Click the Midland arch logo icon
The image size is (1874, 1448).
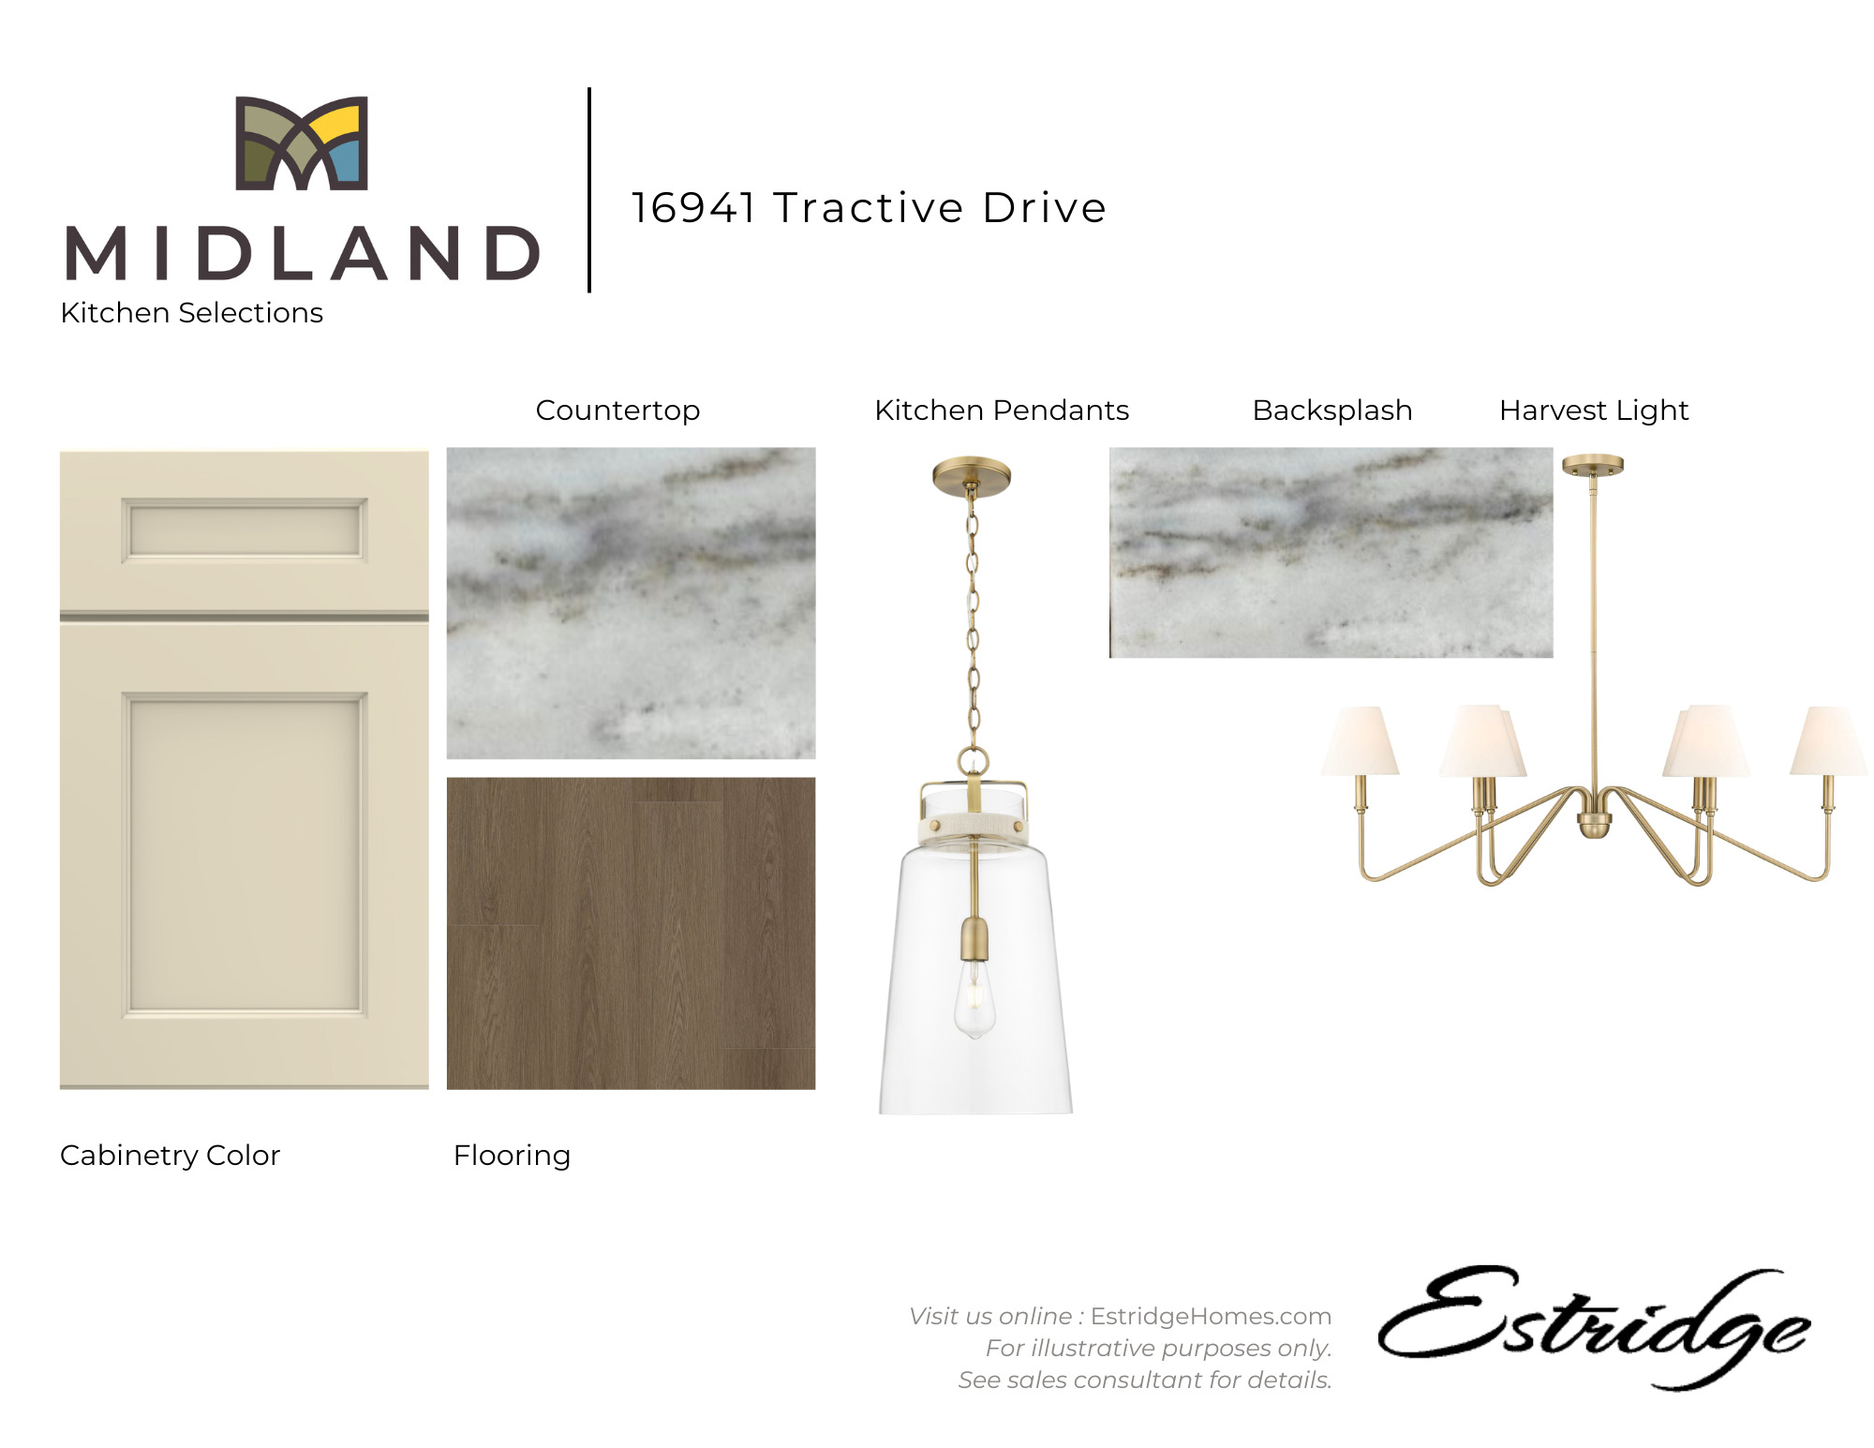302,142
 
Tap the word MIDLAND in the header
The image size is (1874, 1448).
303,253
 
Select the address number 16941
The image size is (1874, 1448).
693,207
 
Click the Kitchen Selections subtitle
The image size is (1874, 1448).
192,312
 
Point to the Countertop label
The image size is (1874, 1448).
617,411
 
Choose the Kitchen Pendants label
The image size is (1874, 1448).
1002,411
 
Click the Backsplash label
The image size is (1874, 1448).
1332,411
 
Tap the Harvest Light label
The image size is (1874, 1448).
1594,411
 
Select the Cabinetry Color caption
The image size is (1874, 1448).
171,1156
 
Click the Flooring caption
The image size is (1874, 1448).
512,1156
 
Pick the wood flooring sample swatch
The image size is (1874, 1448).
631,933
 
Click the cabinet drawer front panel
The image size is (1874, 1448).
245,530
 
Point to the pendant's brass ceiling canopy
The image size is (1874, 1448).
972,475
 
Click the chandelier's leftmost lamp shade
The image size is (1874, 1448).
1361,740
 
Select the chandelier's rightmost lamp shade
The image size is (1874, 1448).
1828,740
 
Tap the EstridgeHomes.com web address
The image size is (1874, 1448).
1211,1316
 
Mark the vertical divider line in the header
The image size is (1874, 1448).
589,190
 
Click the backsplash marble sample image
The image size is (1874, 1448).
1331,553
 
